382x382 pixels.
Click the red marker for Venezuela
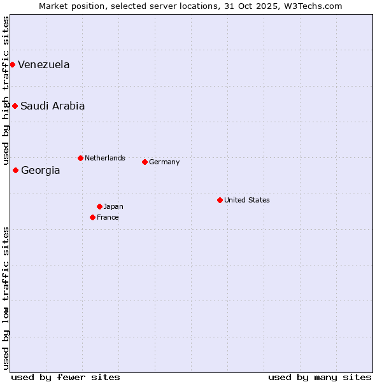[12, 64]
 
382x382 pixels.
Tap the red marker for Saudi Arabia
[15, 106]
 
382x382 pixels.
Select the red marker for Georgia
[15, 170]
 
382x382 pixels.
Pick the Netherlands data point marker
[80, 158]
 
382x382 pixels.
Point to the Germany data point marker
[145, 162]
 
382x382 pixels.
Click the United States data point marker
[220, 200]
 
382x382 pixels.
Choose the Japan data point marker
[99, 206]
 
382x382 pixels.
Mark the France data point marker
[92, 217]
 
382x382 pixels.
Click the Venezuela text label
[44, 65]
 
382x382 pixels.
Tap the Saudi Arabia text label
[52, 106]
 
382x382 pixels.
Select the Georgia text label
[41, 171]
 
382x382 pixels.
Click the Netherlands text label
[105, 158]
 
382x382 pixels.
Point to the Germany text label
[164, 162]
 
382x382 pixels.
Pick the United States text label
[247, 200]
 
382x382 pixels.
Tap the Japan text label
[113, 206]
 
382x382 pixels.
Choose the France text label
[108, 217]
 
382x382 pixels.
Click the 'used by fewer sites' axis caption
[66, 377]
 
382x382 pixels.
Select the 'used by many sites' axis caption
[320, 377]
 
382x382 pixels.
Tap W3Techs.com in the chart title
[313, 6]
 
